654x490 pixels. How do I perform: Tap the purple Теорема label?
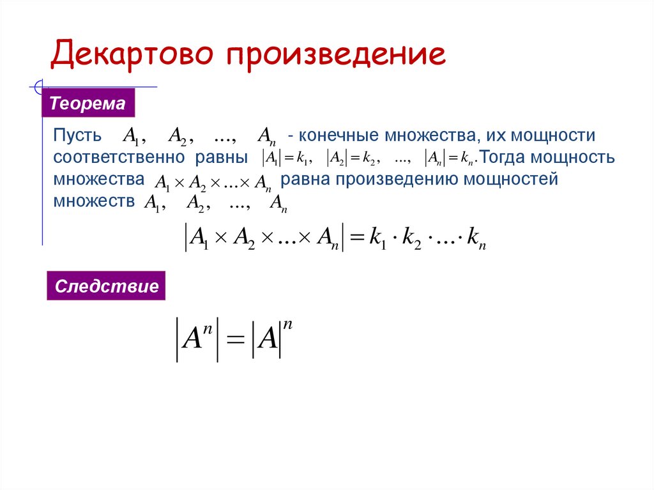click(x=88, y=103)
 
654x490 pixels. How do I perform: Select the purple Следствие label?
click(x=107, y=286)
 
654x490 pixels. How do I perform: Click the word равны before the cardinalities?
click(x=224, y=158)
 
